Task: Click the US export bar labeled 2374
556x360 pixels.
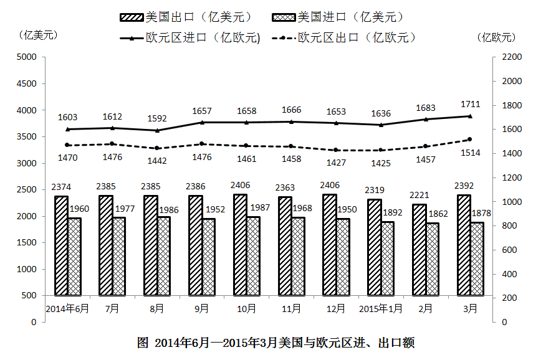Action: pyautogui.click(x=61, y=245)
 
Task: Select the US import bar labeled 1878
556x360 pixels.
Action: pyautogui.click(x=477, y=258)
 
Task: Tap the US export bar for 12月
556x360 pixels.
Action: pyautogui.click(x=329, y=244)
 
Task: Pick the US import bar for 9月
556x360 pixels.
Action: pyautogui.click(x=208, y=257)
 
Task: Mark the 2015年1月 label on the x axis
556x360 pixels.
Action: pyautogui.click(x=381, y=308)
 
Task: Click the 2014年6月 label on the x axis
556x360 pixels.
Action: pyautogui.click(x=67, y=308)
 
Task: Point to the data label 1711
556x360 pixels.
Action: pyautogui.click(x=470, y=103)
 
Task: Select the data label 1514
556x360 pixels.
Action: pyautogui.click(x=470, y=153)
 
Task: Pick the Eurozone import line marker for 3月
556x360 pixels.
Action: pyautogui.click(x=470, y=116)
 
